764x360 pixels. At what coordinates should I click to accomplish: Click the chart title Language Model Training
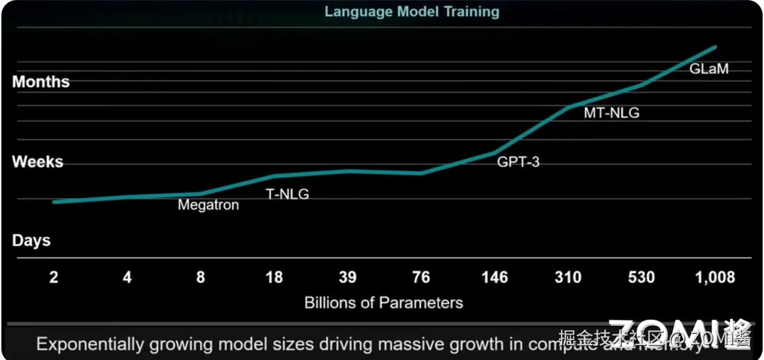[412, 11]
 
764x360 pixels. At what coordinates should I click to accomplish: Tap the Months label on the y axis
[41, 82]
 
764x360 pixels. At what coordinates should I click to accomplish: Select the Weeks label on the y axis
[37, 162]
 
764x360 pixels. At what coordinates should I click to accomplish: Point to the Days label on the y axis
[31, 240]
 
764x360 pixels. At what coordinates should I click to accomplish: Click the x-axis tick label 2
[54, 277]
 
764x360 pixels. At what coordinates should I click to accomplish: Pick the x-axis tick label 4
[127, 277]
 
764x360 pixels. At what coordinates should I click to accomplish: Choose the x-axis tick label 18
[274, 277]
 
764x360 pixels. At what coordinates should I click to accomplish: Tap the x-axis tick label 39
[347, 277]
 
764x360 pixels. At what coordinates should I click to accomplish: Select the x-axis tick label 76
[421, 277]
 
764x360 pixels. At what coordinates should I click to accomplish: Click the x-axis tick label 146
[494, 277]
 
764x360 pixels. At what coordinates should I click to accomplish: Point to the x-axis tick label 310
[568, 277]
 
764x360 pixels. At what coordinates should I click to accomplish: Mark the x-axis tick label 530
[642, 277]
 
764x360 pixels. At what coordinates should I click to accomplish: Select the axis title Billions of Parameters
[383, 303]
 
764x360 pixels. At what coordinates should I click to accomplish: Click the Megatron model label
[208, 205]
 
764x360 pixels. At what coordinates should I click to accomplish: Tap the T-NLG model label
[287, 194]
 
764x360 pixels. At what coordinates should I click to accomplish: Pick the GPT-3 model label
[518, 162]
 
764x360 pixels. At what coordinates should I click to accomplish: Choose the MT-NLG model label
[611, 112]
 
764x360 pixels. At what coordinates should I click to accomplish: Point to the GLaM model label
[709, 69]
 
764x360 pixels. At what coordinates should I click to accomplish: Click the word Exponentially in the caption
[90, 344]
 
